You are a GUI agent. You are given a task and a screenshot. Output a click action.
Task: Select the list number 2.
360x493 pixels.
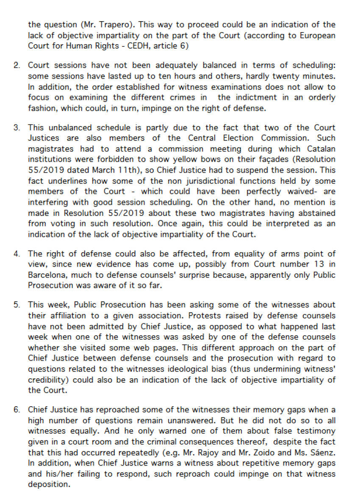click(17, 66)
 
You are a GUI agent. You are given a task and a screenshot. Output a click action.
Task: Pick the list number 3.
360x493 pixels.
click(17, 127)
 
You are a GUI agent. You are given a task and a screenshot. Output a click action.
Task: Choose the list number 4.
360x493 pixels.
click(17, 254)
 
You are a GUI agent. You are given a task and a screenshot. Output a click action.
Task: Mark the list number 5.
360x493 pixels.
click(17, 305)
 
